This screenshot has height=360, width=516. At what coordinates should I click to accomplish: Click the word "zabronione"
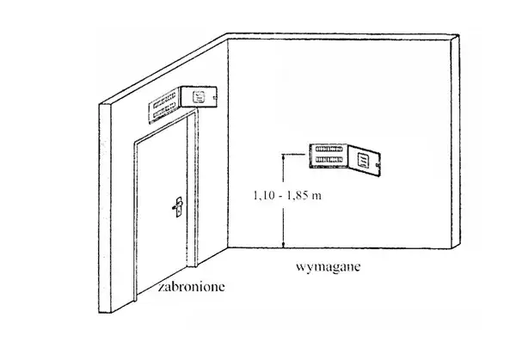pyautogui.click(x=192, y=287)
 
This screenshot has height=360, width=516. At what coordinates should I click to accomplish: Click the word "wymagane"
pyautogui.click(x=329, y=266)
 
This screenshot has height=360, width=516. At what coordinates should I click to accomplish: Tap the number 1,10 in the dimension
pyautogui.click(x=264, y=196)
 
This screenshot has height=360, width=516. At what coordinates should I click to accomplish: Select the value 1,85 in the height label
pyautogui.click(x=298, y=196)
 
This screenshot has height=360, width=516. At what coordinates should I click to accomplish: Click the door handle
pyautogui.click(x=178, y=207)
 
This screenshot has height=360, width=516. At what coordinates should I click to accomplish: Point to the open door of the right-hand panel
pyautogui.click(x=365, y=161)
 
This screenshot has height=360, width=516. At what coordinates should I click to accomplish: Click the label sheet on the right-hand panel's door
pyautogui.click(x=363, y=161)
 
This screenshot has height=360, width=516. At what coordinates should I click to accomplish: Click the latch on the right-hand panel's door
pyautogui.click(x=378, y=164)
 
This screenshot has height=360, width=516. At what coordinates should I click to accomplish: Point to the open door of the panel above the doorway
pyautogui.click(x=199, y=96)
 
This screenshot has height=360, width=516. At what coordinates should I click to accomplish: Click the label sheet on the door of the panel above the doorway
pyautogui.click(x=199, y=96)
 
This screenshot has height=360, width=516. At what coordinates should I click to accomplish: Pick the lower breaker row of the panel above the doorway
pyautogui.click(x=164, y=110)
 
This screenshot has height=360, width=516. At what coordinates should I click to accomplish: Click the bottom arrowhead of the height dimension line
pyautogui.click(x=283, y=245)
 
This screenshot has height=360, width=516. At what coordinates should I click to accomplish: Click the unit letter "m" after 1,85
pyautogui.click(x=316, y=197)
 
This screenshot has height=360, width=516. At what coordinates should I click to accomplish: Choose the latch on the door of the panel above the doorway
pyautogui.click(x=215, y=98)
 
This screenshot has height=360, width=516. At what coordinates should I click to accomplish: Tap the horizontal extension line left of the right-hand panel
pyautogui.click(x=294, y=154)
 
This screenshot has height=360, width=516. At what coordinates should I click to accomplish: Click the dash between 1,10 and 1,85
pyautogui.click(x=281, y=196)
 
